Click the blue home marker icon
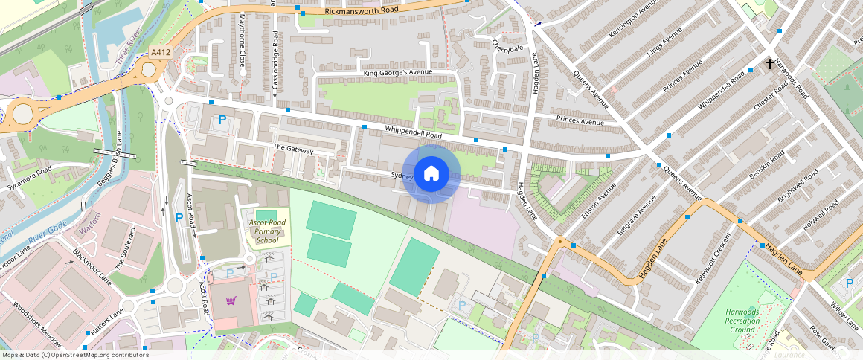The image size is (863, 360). (431, 174)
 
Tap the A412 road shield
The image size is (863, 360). (160, 52)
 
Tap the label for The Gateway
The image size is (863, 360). (294, 150)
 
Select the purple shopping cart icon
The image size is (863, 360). (231, 301)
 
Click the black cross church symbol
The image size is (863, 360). (770, 65)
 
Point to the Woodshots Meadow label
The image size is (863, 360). (38, 324)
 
